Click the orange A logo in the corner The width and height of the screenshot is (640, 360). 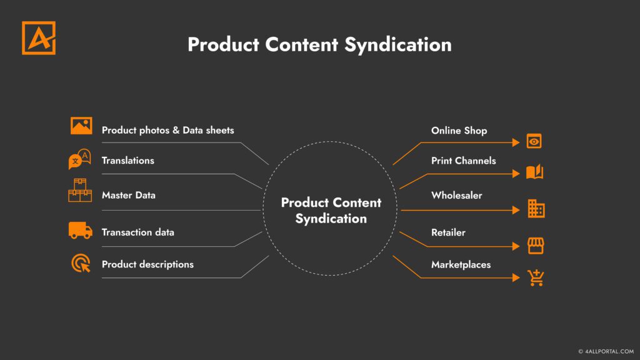pyautogui.click(x=39, y=38)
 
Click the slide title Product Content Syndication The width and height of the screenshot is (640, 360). pyautogui.click(x=319, y=45)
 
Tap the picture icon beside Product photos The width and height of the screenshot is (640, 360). pyautogui.click(x=81, y=126)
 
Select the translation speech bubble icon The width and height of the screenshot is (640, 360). pyautogui.click(x=79, y=159)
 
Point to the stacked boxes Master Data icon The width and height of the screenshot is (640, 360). pyautogui.click(x=80, y=191)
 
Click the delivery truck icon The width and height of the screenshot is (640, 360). pyautogui.click(x=81, y=230)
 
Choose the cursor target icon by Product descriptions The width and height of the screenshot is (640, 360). pyautogui.click(x=81, y=263)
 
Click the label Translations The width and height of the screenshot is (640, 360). pyautogui.click(x=127, y=161)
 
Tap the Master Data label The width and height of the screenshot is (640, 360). pyautogui.click(x=128, y=195)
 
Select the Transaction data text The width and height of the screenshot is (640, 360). pyautogui.click(x=137, y=232)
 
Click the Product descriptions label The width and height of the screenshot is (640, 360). pyautogui.click(x=147, y=264)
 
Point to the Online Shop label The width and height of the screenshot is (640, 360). pyautogui.click(x=459, y=131)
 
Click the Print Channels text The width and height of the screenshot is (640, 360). pyautogui.click(x=463, y=161)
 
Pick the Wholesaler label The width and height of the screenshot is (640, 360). pyautogui.click(x=456, y=195)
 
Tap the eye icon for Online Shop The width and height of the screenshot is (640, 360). pyautogui.click(x=534, y=141)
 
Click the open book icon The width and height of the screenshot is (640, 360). pyautogui.click(x=534, y=172)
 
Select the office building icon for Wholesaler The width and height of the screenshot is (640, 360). pyautogui.click(x=536, y=209)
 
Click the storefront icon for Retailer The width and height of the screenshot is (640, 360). pyautogui.click(x=535, y=246)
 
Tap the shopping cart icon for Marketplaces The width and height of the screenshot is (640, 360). pyautogui.click(x=536, y=277)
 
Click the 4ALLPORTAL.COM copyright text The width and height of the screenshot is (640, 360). pyautogui.click(x=606, y=352)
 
